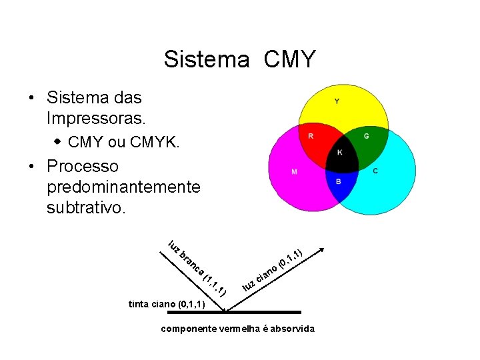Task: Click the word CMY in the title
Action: point(289,59)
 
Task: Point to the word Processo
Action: point(83,166)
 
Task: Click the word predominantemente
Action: point(123,187)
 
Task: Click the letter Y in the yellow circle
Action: point(337,102)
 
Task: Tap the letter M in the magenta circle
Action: point(294,172)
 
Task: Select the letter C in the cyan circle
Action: point(375,171)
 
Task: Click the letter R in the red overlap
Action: point(310,136)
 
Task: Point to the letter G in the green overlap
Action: point(366,136)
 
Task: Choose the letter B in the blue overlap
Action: point(338,182)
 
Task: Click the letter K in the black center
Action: point(339,153)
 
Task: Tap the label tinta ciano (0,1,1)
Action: point(166,304)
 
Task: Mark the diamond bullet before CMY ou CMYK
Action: point(58,141)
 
